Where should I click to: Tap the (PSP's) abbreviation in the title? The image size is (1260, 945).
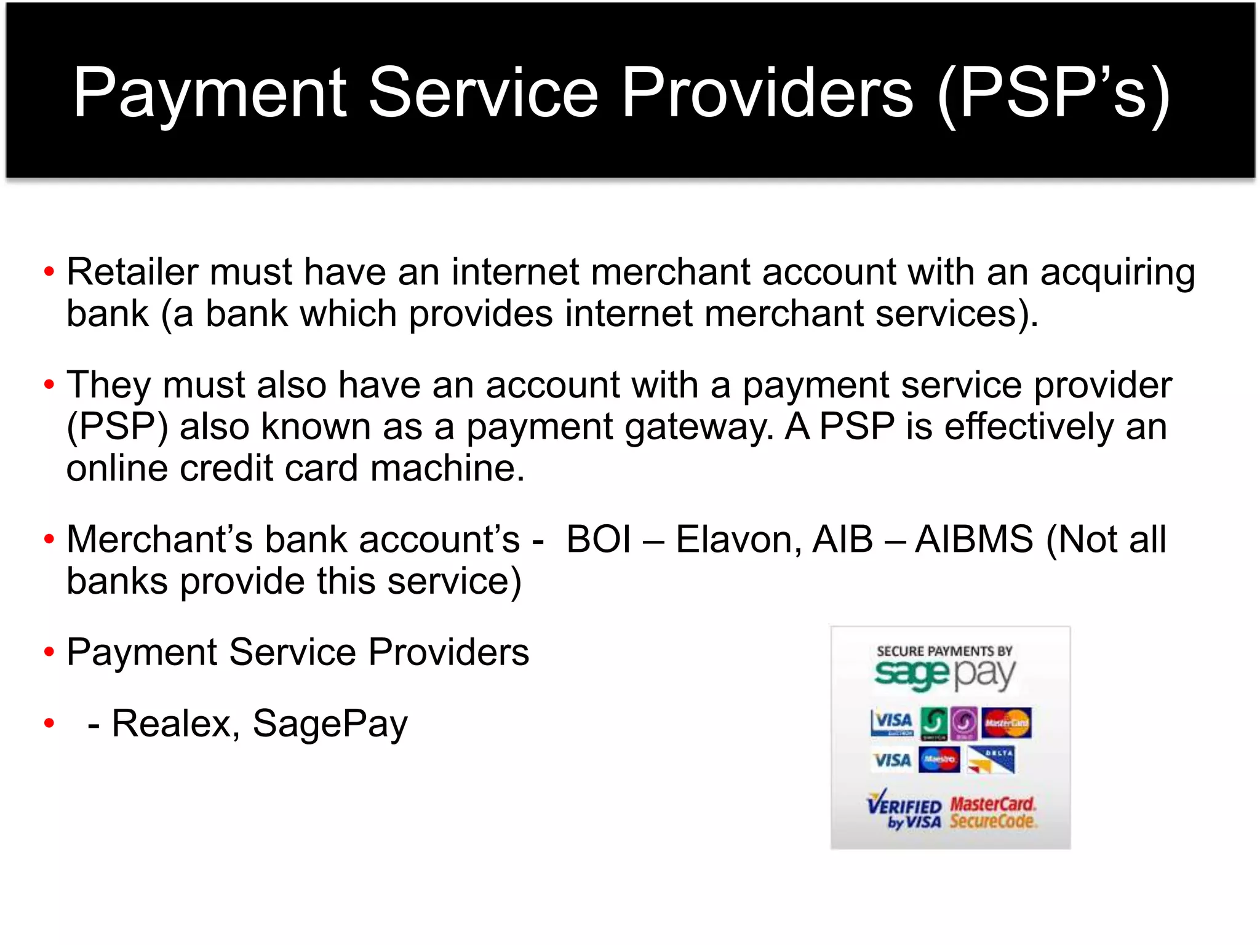coord(1053,94)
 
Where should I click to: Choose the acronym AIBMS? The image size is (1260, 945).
coord(974,540)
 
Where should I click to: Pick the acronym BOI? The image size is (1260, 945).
coord(599,540)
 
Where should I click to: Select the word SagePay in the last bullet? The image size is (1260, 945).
coord(330,725)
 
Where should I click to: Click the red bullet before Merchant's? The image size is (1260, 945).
coord(49,540)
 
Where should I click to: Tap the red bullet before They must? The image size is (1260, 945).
coord(49,385)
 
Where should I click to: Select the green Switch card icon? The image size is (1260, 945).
coord(934,724)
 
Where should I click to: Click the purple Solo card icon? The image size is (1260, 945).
coord(963,724)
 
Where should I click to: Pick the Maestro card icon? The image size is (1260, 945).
coord(939,760)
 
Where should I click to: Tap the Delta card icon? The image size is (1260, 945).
coord(991,760)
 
